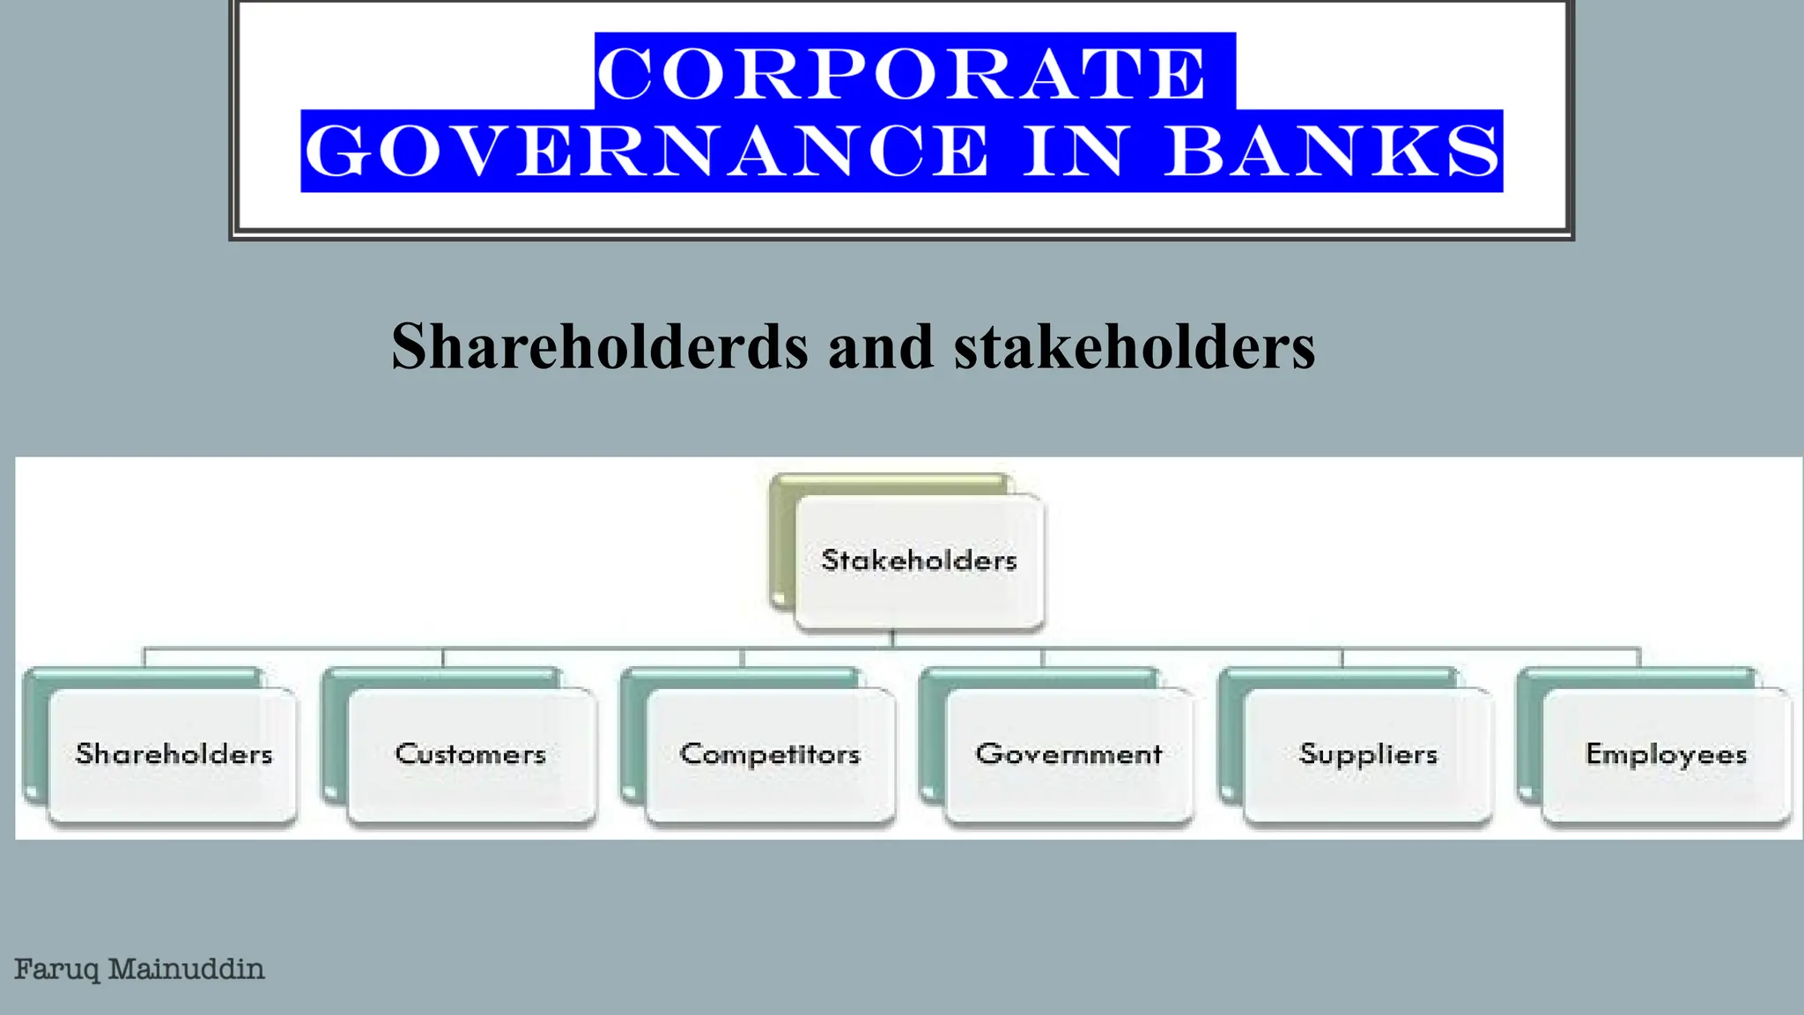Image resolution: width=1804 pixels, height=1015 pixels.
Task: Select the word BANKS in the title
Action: pyautogui.click(x=1332, y=152)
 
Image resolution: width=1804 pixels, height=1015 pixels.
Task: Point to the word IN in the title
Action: pyautogui.click(x=1073, y=152)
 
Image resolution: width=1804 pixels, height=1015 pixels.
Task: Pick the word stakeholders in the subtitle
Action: pyautogui.click(x=1135, y=346)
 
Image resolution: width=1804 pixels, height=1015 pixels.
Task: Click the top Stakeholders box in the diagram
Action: pyautogui.click(x=919, y=561)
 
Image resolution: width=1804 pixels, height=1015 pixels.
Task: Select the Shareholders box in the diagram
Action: pyautogui.click(x=174, y=754)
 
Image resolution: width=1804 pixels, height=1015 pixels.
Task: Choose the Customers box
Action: pyautogui.click(x=471, y=754)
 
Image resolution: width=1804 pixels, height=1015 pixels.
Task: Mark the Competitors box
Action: pyautogui.click(x=770, y=754)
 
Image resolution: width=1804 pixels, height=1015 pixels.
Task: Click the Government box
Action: pyautogui.click(x=1068, y=754)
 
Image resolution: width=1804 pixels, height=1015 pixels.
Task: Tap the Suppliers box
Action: pyautogui.click(x=1368, y=754)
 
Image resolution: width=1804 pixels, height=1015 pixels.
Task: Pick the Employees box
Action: pyautogui.click(x=1666, y=754)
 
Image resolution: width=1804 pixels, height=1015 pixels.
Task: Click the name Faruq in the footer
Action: pyautogui.click(x=56, y=970)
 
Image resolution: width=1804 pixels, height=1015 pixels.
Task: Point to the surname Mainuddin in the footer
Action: pyautogui.click(x=186, y=970)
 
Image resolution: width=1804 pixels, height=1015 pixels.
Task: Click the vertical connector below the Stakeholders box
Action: pyautogui.click(x=892, y=639)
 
